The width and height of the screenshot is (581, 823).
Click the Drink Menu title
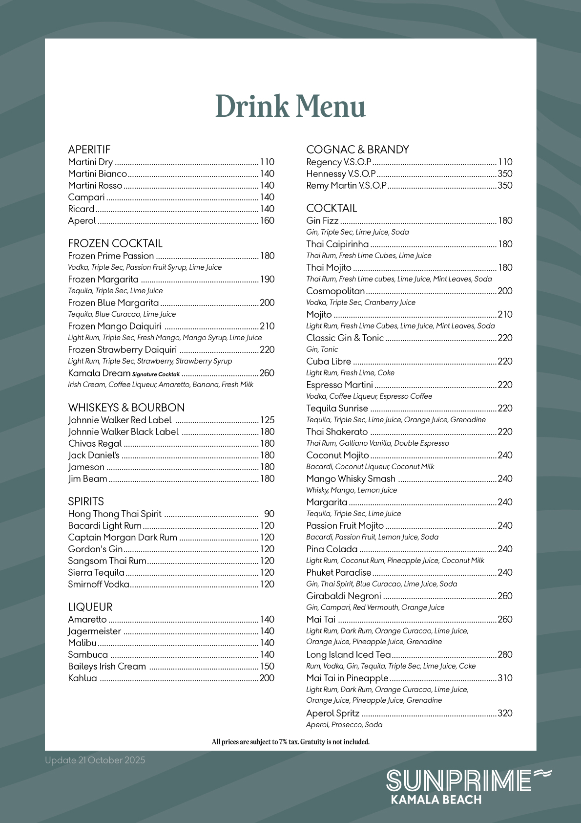(290, 107)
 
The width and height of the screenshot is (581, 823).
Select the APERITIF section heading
(89, 150)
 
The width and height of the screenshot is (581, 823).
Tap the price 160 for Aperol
(267, 221)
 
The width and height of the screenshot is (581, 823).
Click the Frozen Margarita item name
(104, 280)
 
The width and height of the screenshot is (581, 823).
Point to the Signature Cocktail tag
(156, 374)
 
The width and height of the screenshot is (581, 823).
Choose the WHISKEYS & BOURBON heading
(126, 408)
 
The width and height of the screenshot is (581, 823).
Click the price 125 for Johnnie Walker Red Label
(267, 420)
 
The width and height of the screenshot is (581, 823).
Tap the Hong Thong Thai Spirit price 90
(269, 514)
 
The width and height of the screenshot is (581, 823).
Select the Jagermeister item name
(94, 631)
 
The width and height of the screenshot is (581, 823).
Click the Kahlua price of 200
(267, 678)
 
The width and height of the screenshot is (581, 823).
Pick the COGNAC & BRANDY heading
(357, 150)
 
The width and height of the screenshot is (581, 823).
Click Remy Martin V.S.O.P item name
(346, 186)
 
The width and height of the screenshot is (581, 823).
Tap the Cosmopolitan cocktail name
(335, 291)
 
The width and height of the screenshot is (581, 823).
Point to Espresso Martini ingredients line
(369, 396)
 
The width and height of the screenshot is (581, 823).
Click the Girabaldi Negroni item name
(344, 596)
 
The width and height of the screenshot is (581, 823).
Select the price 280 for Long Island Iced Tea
(505, 655)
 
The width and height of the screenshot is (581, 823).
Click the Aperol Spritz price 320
(505, 714)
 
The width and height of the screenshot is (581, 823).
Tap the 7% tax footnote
(290, 742)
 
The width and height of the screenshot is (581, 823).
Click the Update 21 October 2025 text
(95, 760)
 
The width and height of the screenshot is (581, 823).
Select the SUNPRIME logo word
(459, 780)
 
